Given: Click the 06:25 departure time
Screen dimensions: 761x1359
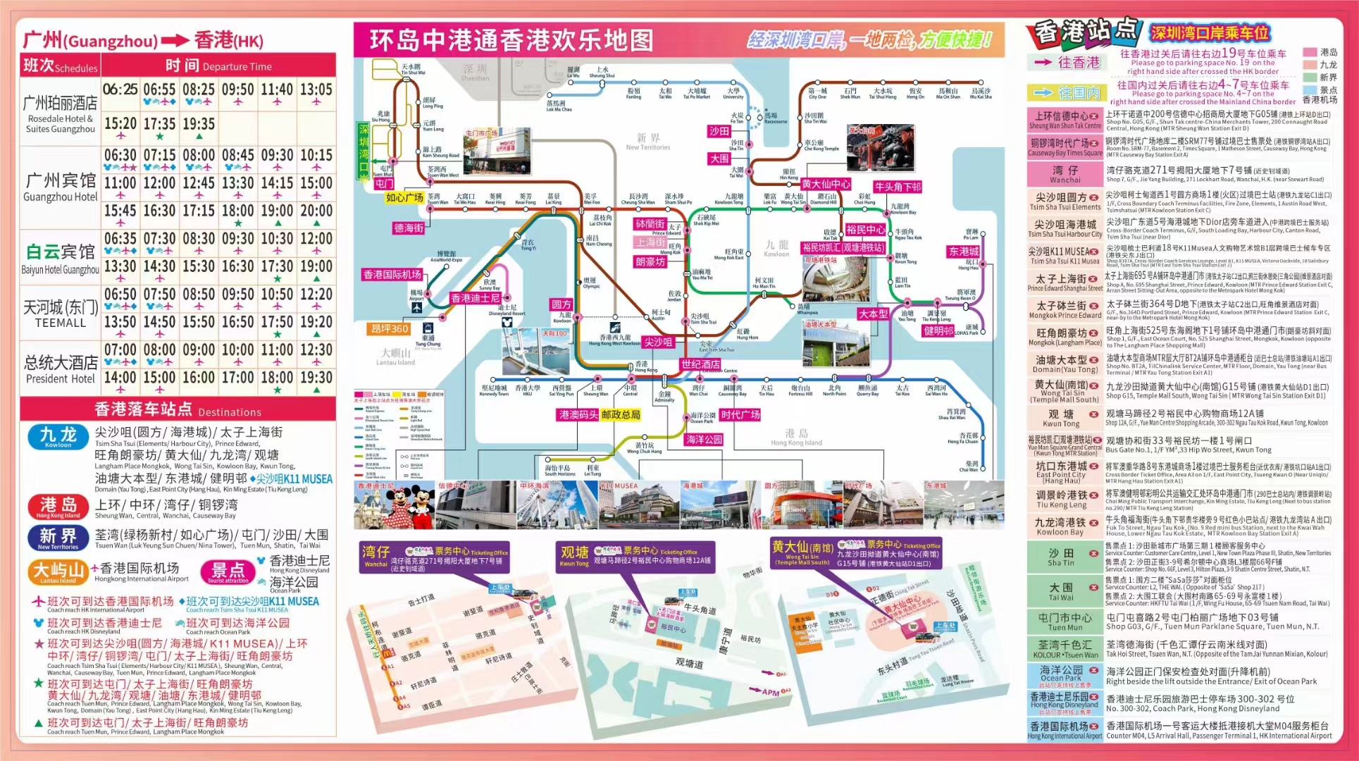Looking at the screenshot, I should pos(120,89).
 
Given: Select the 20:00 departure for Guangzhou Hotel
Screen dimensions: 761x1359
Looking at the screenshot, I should pos(316,211).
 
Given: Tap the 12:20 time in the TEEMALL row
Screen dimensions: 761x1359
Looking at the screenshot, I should pos(316,295).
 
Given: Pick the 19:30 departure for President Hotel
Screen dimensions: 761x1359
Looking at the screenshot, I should pos(316,378).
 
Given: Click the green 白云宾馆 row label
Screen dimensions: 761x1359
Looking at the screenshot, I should pos(60,252).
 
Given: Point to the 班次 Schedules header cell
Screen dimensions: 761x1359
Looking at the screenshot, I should pos(61,66).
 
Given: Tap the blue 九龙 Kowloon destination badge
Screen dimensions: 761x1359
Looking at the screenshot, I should pos(58,436).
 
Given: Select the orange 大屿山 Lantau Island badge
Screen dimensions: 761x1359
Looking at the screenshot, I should pos(59,571).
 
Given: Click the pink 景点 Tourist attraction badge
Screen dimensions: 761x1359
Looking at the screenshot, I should pos(228,571).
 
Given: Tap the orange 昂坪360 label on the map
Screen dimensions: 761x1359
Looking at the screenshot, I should pos(390,328).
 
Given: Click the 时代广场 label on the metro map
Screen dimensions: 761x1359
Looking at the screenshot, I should pos(740,415).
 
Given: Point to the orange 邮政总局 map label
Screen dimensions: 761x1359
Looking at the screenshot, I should pos(621,415).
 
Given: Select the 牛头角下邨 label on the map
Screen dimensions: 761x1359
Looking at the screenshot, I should pos(898,187).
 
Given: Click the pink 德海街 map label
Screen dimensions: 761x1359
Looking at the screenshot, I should pos(409,228).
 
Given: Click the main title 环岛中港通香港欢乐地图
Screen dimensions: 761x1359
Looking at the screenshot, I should pos(511,40).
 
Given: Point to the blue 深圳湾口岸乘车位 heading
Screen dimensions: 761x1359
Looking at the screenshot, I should pos(1210,32).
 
